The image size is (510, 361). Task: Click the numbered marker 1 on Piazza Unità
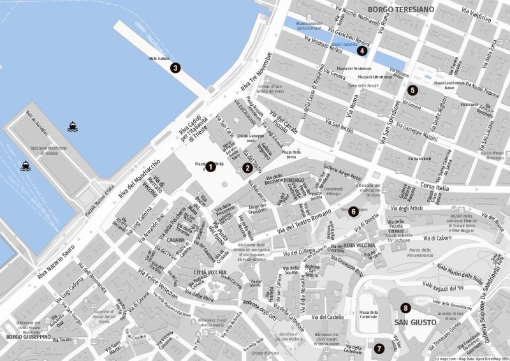210,166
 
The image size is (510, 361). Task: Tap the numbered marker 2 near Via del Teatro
247,168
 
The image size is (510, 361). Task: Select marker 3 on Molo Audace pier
175,67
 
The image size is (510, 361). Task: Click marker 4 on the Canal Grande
362,51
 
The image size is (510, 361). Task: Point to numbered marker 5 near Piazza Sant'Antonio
412,90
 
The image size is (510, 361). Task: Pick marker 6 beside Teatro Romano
353,211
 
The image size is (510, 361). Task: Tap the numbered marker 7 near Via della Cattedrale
379,348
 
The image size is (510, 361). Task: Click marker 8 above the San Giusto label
405,309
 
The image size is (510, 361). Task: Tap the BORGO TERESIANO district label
401,10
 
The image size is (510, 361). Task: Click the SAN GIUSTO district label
415,323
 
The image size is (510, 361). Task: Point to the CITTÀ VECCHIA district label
210,272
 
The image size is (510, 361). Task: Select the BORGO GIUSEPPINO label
28,336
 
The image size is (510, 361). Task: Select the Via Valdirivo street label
472,13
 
